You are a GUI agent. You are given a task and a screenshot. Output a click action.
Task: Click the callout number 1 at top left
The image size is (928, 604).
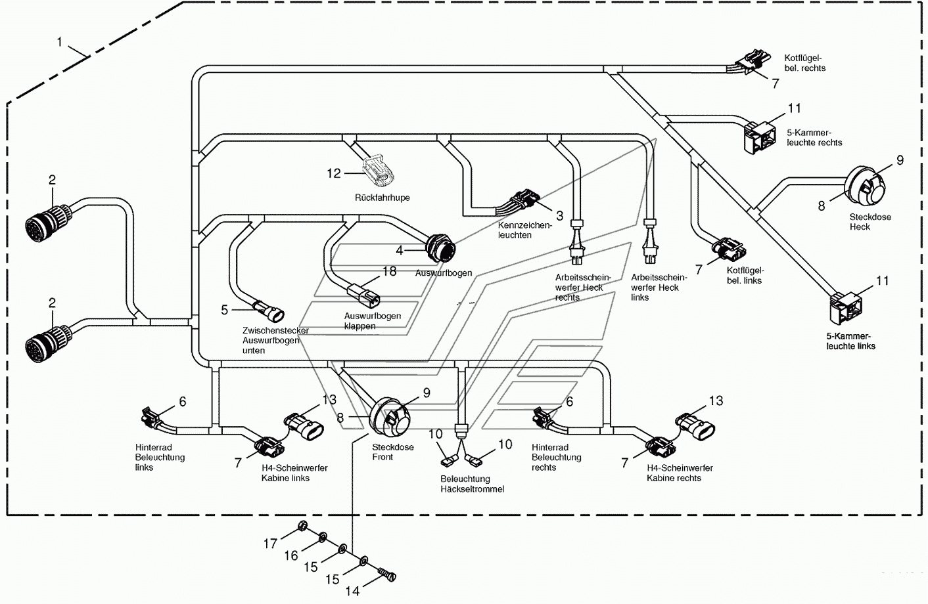[60, 42]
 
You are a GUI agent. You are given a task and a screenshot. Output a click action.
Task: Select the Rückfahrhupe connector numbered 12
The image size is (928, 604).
[379, 170]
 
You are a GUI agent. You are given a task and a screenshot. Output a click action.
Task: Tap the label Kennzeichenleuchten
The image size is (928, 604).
[525, 230]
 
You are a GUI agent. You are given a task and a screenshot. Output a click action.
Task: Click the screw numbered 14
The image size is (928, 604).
[387, 575]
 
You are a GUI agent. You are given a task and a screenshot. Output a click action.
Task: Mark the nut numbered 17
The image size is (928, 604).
[302, 526]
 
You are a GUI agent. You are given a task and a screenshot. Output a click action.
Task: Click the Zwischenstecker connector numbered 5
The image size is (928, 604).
[269, 311]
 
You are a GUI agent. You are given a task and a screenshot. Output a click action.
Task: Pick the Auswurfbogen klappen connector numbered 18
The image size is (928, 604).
[363, 293]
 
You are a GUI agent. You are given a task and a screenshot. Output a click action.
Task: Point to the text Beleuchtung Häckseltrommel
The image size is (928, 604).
[472, 484]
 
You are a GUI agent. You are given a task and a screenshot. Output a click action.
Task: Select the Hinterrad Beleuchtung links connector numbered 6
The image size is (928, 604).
[151, 418]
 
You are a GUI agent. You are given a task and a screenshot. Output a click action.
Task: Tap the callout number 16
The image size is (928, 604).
[291, 555]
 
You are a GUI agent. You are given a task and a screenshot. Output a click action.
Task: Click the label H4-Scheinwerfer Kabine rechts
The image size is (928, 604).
[680, 473]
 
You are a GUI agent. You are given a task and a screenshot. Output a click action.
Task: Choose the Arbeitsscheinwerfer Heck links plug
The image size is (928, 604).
[649, 242]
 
